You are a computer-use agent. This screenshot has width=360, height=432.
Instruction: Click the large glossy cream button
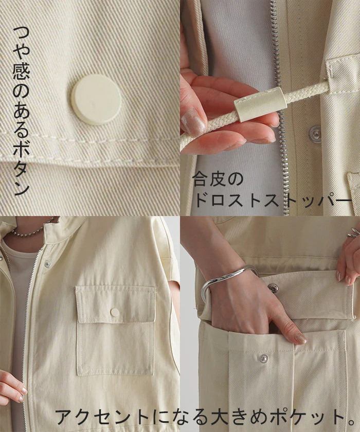coord(96,99)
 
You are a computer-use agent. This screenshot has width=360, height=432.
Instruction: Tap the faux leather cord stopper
coord(261,104)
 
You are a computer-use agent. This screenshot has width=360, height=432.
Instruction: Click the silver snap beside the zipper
coord(315,134)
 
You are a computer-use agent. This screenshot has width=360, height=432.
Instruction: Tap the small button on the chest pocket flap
coord(115,312)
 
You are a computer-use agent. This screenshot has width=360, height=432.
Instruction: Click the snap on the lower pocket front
coord(264,358)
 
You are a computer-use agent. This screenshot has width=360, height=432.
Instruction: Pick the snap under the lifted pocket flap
coord(273,287)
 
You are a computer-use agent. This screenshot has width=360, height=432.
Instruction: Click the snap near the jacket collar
coord(48,264)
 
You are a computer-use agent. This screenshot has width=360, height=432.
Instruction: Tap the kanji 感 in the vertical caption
coord(21,70)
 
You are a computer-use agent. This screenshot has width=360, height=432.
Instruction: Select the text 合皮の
coord(218,179)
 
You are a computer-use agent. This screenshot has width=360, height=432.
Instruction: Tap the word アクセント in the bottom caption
coord(102,417)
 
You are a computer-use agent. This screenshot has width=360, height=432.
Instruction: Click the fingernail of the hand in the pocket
coord(300,338)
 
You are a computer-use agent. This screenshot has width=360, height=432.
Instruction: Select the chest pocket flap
coord(116,304)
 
